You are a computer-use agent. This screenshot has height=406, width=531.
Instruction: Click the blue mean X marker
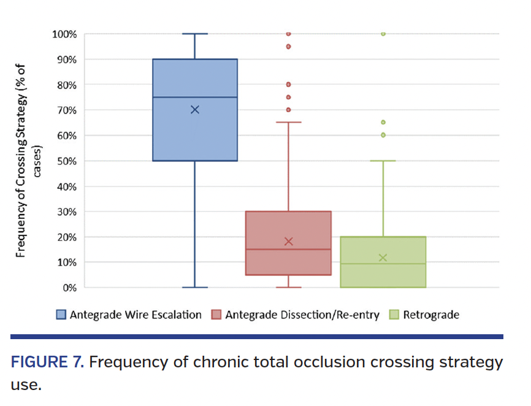[195, 110]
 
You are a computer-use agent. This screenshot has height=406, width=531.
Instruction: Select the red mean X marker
[289, 241]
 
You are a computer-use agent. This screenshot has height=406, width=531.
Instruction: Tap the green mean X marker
[383, 258]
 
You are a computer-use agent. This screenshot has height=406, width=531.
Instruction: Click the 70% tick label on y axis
[64, 110]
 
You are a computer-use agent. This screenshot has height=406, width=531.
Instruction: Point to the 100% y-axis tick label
[62, 34]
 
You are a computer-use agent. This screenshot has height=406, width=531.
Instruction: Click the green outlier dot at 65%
[383, 122]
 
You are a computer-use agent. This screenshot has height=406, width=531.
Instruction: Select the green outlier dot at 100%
[383, 34]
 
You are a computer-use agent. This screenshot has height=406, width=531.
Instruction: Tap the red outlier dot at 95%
[289, 47]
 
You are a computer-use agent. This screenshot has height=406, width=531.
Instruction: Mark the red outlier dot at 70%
[289, 110]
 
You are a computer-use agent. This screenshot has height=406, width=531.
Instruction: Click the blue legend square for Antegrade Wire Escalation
[61, 315]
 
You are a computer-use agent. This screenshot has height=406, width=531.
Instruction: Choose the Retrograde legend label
[431, 315]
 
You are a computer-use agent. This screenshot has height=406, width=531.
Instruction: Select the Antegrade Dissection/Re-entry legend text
[302, 315]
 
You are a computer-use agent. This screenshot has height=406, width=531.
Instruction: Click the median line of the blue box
[195, 97]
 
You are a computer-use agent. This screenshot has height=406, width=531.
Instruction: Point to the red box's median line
[289, 249]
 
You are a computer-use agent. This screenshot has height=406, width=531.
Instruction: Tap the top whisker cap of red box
[289, 122]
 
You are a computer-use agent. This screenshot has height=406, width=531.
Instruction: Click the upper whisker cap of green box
[383, 161]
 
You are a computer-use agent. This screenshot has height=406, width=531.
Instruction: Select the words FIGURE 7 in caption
[46, 362]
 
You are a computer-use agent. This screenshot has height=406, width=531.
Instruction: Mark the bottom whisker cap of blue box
[195, 287]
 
